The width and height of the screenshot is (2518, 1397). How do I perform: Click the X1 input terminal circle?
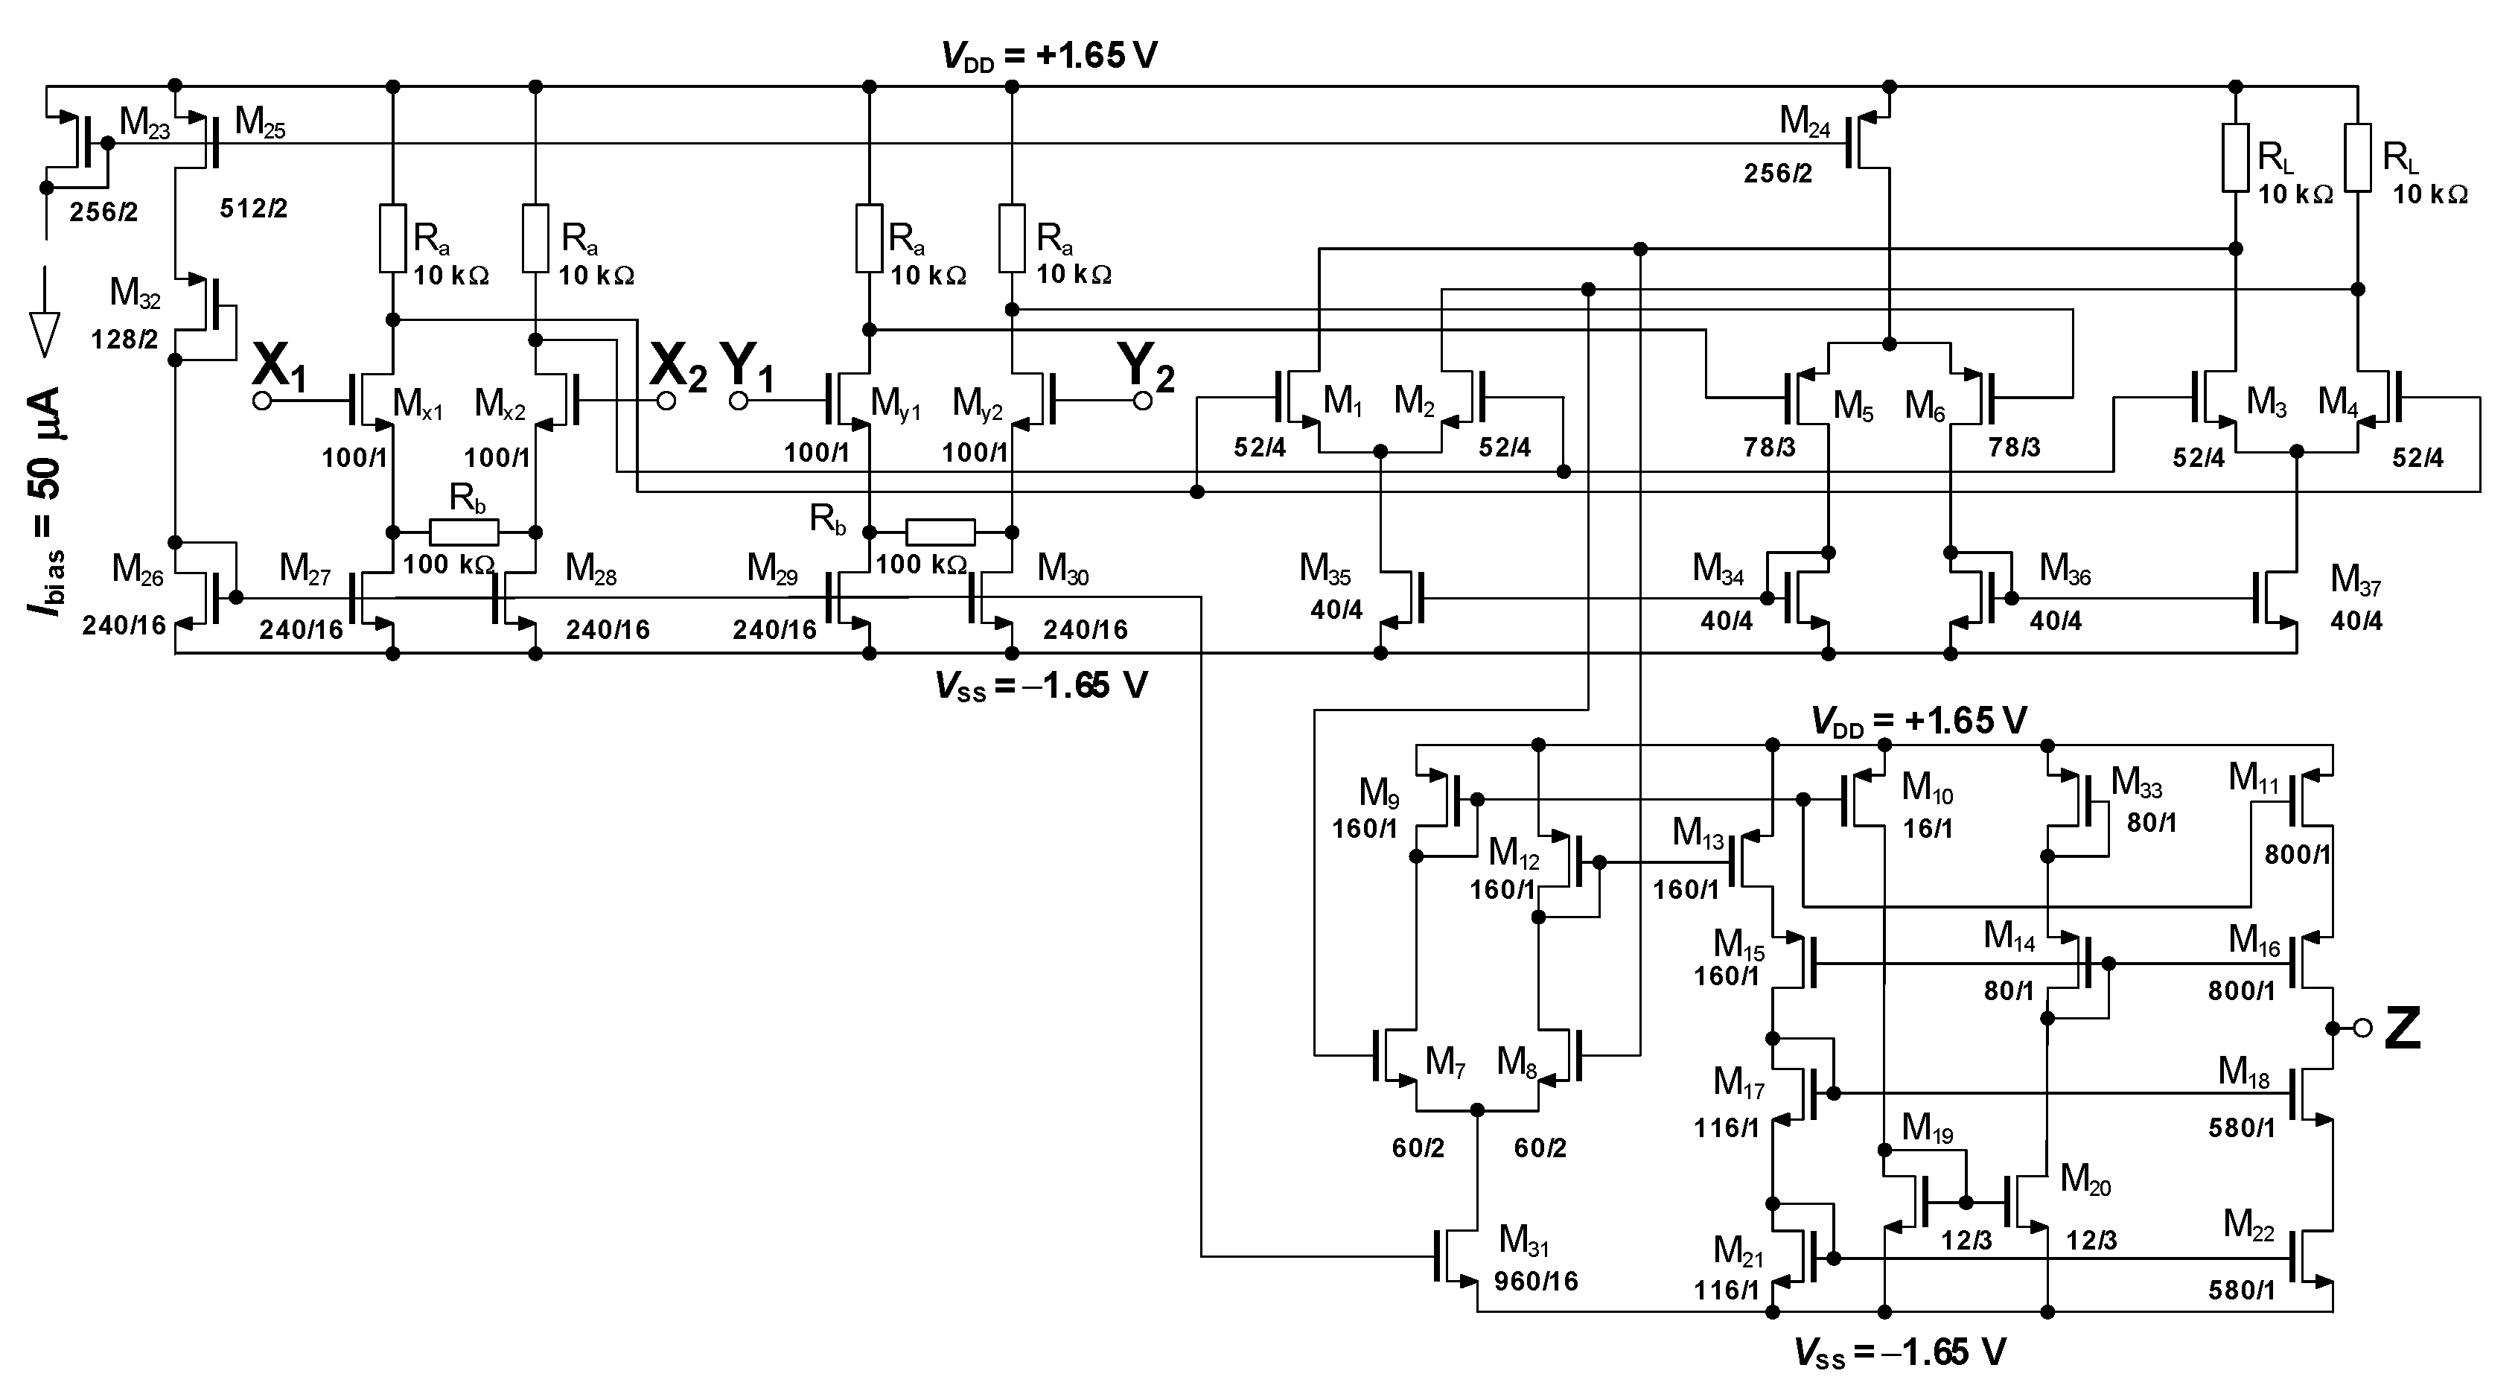[262, 401]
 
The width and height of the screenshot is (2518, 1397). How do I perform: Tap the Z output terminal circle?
[2362, 1028]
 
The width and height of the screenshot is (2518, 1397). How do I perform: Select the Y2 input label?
[1147, 366]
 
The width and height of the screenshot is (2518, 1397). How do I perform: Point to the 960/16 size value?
[1536, 1281]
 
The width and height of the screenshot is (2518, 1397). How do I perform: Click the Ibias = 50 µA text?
[47, 500]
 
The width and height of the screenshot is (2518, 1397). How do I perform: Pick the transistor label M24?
[1805, 122]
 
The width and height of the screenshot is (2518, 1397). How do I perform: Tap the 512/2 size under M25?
[253, 209]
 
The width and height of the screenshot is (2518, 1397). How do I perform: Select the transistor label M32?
[135, 293]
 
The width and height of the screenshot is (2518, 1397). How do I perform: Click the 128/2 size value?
[124, 340]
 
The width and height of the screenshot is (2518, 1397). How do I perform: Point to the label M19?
[1928, 1129]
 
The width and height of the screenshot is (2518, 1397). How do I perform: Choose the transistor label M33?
[2137, 783]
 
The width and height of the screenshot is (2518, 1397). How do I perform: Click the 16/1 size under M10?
[1928, 828]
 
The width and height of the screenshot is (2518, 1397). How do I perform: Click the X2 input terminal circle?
[666, 401]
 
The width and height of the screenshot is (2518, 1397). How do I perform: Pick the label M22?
[2249, 1225]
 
